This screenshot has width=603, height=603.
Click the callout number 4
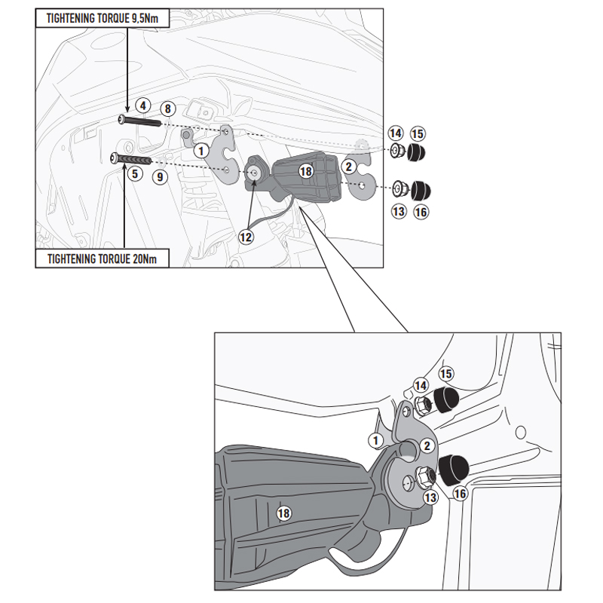(x=142, y=106)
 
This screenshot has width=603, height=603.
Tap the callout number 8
(x=168, y=109)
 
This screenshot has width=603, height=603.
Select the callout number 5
(x=134, y=173)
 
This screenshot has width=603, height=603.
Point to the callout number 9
(x=159, y=177)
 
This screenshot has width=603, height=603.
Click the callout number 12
(x=246, y=236)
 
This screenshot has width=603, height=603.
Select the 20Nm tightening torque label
(x=102, y=259)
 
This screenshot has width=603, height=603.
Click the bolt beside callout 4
(x=139, y=121)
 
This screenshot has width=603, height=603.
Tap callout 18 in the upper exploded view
(x=305, y=171)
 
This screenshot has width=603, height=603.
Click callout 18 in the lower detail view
(x=283, y=513)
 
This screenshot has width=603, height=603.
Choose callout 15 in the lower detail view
(x=445, y=373)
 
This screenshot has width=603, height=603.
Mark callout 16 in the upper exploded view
(x=421, y=213)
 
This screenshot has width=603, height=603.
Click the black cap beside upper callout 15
(x=415, y=154)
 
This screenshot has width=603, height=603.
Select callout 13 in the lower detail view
(x=430, y=497)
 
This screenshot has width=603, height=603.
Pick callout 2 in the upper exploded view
(x=348, y=166)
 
